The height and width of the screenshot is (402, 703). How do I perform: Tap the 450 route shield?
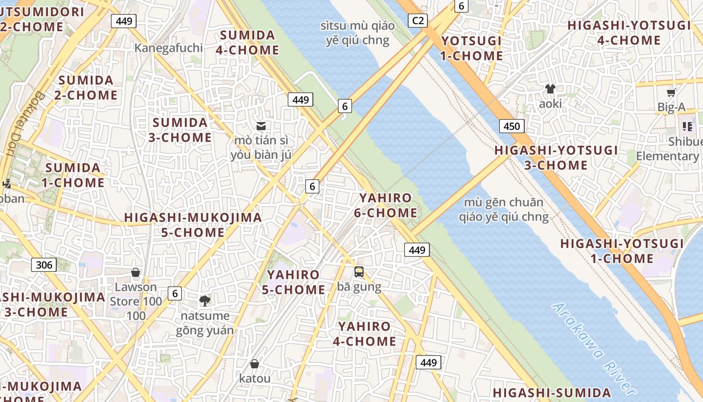coord(512,126)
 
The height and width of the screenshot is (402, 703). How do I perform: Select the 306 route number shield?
coord(44,265)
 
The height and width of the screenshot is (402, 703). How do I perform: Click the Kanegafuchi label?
coord(169,48)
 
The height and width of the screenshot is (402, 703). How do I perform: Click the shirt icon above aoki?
coord(550,89)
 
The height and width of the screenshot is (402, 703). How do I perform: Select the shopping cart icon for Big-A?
coord(671,92)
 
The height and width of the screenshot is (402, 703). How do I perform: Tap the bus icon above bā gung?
coord(359,272)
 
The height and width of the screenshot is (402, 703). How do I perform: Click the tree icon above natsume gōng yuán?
coord(204,301)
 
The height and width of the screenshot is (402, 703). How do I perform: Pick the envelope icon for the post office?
coord(261,126)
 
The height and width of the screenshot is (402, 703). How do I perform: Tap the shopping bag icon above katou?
coord(255,364)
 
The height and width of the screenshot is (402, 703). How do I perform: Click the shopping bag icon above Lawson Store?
coord(136,272)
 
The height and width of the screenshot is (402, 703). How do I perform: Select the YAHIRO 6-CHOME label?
coord(386,206)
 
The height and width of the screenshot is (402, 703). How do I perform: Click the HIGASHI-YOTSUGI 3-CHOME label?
coord(556,158)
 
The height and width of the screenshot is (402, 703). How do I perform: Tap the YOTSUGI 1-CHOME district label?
coord(472,48)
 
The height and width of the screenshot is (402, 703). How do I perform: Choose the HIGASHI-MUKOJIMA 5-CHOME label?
coord(193,225)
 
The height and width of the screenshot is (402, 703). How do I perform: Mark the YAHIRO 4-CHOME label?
coord(365,334)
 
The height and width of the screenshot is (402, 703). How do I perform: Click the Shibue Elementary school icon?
coord(687,127)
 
